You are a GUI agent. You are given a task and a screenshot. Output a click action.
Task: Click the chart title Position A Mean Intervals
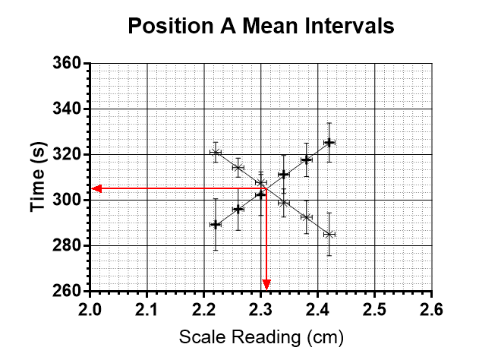pyautogui.click(x=260, y=27)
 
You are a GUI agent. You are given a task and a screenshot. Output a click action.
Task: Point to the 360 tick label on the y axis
pyautogui.click(x=66, y=64)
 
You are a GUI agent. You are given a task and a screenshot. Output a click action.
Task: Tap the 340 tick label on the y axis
pyautogui.click(x=66, y=109)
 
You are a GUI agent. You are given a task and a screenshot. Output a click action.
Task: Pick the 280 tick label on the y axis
pyautogui.click(x=66, y=246)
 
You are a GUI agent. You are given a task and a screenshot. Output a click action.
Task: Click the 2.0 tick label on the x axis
pyautogui.click(x=90, y=308)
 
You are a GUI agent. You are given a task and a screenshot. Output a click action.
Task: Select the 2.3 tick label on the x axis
pyautogui.click(x=261, y=308)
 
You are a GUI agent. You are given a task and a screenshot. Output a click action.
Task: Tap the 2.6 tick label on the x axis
pyautogui.click(x=432, y=308)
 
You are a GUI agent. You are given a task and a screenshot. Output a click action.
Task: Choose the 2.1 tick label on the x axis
pyautogui.click(x=147, y=308)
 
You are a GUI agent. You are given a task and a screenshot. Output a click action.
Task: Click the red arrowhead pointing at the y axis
pyautogui.click(x=96, y=188)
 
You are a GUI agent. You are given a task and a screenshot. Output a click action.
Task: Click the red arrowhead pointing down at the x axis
pyautogui.click(x=266, y=285)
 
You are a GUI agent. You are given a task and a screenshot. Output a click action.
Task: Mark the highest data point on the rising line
pyautogui.click(x=329, y=142)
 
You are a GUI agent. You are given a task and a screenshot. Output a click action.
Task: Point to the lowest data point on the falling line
pyautogui.click(x=329, y=234)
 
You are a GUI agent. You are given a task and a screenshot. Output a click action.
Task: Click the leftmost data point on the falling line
pyautogui.click(x=215, y=152)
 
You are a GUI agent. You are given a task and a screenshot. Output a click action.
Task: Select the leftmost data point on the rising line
pyautogui.click(x=215, y=224)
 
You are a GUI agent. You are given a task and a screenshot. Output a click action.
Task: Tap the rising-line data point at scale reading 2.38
pyautogui.click(x=306, y=159)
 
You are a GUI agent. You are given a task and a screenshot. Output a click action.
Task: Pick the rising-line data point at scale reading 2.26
pyautogui.click(x=238, y=209)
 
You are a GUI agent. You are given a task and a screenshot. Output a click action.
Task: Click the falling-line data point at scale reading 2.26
pyautogui.click(x=238, y=167)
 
